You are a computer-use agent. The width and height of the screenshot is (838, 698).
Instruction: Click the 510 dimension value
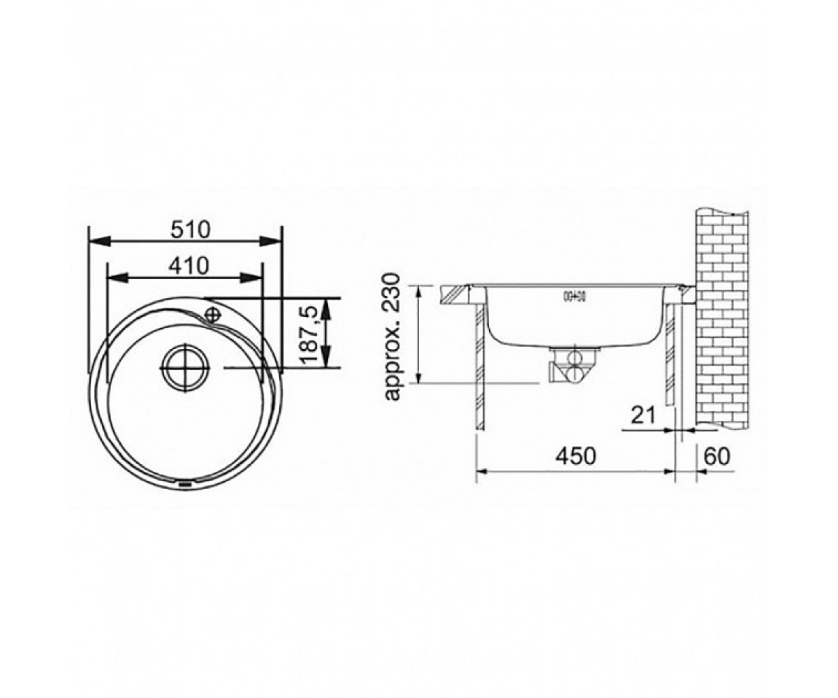pyautogui.click(x=190, y=230)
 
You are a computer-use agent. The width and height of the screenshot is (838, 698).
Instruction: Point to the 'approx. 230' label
pyautogui.click(x=392, y=336)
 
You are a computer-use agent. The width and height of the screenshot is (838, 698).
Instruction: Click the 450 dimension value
pyautogui.click(x=576, y=456)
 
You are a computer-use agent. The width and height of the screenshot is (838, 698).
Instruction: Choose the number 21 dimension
pyautogui.click(x=643, y=415)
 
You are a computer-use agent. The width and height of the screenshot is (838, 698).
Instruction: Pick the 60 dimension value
pyautogui.click(x=717, y=456)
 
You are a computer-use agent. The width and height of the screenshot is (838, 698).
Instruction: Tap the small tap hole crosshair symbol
pyautogui.click(x=212, y=313)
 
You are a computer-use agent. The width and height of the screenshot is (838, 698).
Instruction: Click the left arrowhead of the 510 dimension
pyautogui.click(x=98, y=242)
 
